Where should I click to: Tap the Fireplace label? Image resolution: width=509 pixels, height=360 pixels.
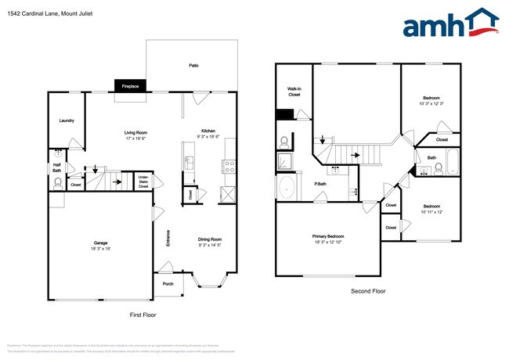click(x=130, y=86)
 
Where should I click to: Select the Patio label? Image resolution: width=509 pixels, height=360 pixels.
click(x=193, y=66)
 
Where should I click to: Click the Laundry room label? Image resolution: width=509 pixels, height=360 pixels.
click(x=67, y=121)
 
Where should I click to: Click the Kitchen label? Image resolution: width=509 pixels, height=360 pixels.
click(x=208, y=131)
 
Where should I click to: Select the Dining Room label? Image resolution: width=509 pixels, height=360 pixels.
click(x=209, y=241)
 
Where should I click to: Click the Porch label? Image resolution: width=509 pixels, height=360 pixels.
click(x=168, y=284)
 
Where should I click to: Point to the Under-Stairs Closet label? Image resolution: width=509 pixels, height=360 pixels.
click(x=143, y=181)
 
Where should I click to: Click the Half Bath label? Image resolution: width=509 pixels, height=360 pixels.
click(x=57, y=167)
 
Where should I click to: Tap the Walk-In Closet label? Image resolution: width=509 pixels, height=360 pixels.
click(x=294, y=92)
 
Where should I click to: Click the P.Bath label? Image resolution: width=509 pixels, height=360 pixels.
click(x=320, y=185)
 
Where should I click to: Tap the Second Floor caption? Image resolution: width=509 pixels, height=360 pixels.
click(x=368, y=291)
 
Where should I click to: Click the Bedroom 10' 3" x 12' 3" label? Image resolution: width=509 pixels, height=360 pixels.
click(x=431, y=100)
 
